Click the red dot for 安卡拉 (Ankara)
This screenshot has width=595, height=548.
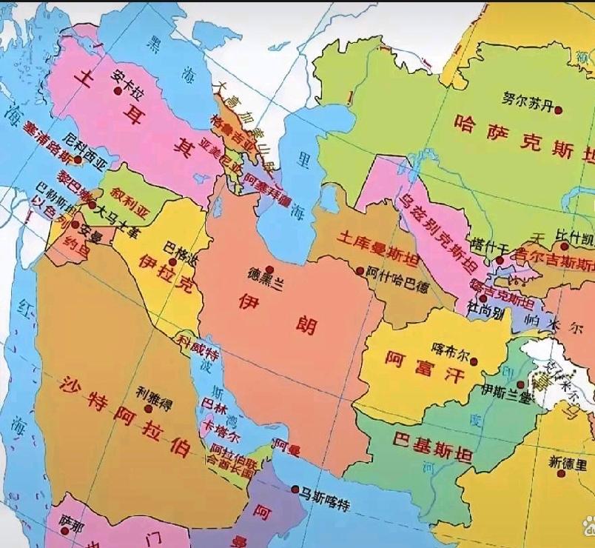pos(117,90)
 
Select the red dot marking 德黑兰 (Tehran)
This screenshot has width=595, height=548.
pos(270,270)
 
